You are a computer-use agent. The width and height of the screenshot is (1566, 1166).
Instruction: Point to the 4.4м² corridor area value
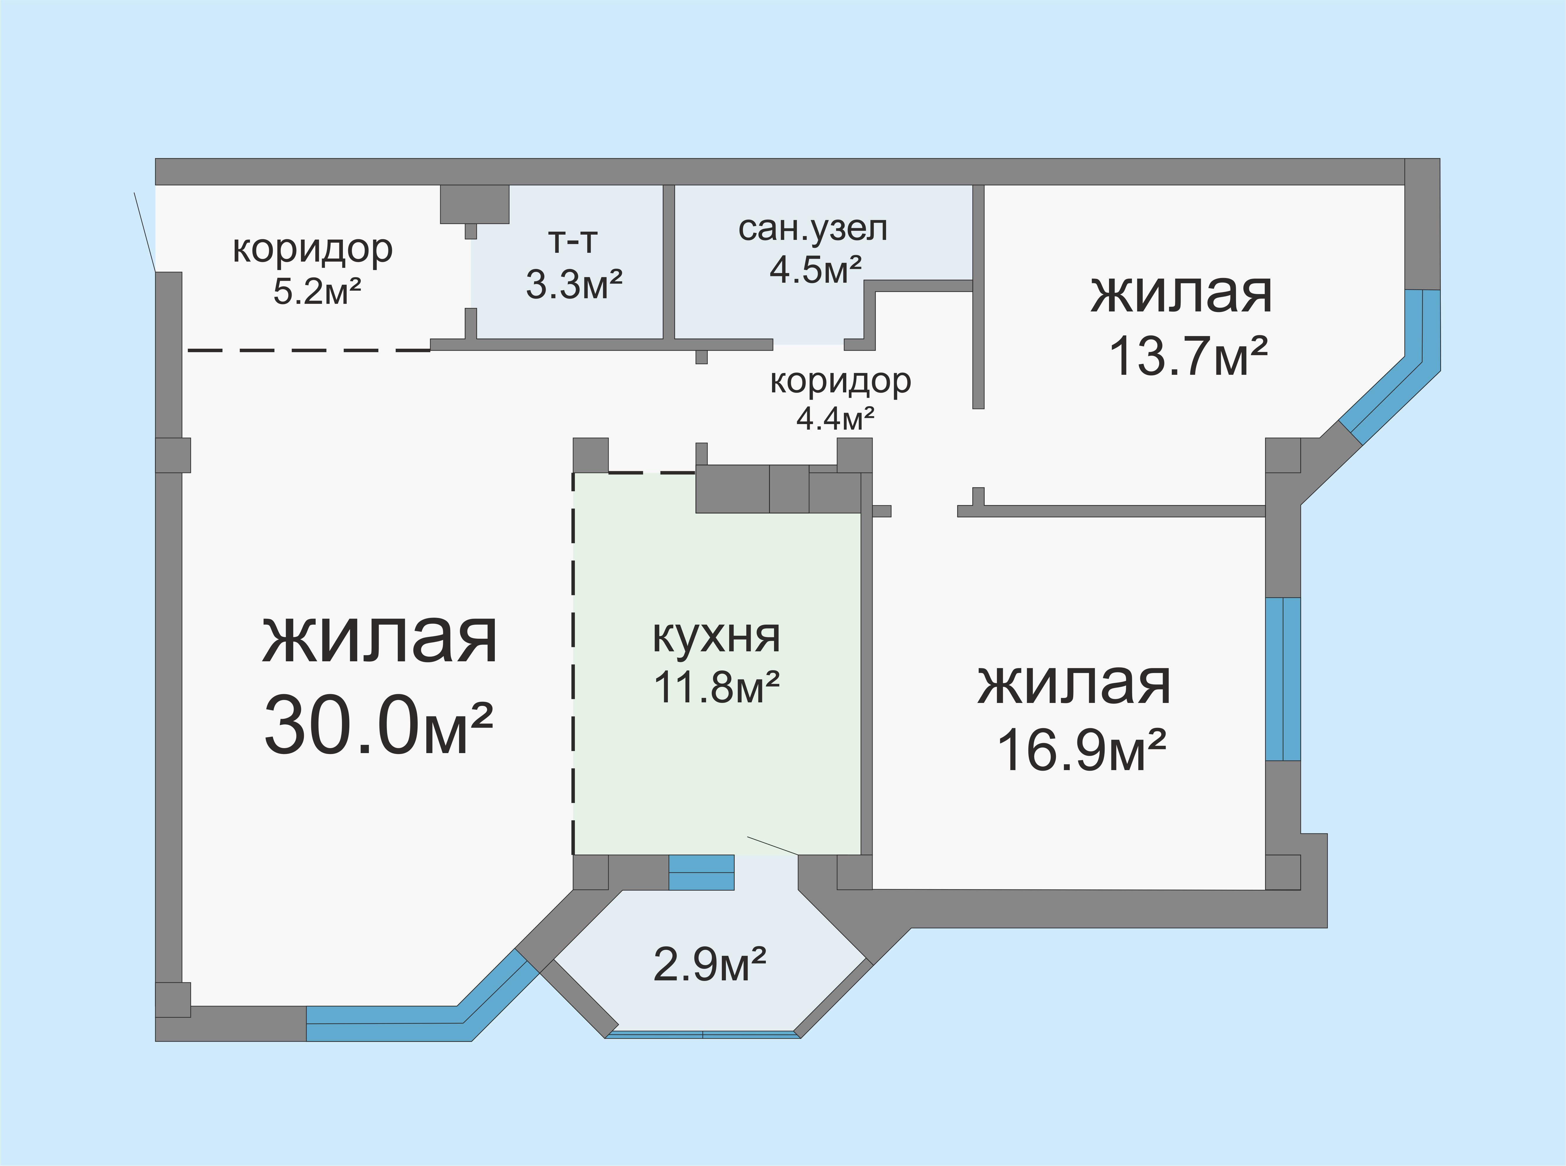tap(835, 418)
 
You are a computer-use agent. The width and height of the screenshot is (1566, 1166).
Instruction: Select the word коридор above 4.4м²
tap(840, 381)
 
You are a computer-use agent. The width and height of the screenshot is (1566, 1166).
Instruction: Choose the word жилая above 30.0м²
tap(380, 639)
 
